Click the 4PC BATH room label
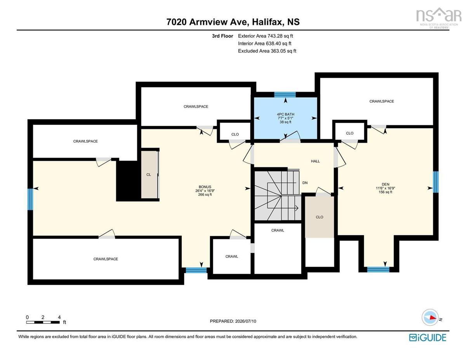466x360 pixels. [x=285, y=114]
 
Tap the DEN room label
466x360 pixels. [x=385, y=184]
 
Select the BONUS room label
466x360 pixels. [x=205, y=187]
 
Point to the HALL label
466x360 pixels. [x=315, y=161]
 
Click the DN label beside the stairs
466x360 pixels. [x=305, y=183]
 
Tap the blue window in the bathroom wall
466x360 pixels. [x=285, y=94]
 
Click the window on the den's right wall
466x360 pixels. [x=436, y=182]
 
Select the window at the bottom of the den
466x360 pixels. [x=378, y=270]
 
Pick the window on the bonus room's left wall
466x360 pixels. [x=30, y=199]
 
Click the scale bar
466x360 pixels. [x=43, y=322]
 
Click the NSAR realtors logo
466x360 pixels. [x=438, y=18]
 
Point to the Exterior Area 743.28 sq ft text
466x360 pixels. [x=265, y=36]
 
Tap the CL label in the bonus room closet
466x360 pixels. [x=149, y=174]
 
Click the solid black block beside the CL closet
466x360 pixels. [x=128, y=181]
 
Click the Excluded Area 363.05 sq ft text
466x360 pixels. [x=267, y=51]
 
